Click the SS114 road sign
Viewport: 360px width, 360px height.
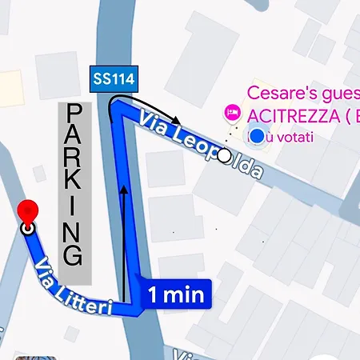pos(112,80)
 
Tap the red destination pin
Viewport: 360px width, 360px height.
pos(30,211)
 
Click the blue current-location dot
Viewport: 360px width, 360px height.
pos(255,137)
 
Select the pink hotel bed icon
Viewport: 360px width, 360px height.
pos(234,113)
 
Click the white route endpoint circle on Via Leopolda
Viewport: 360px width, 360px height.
pos(224,155)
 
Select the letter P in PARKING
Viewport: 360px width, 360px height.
pos(74,113)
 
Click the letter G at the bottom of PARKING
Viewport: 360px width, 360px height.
pos(74,256)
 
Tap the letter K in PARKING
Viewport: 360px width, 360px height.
pos(74,184)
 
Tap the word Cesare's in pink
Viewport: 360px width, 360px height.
pos(280,93)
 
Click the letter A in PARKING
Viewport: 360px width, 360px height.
pos(74,137)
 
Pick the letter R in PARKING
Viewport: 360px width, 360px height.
pos(74,160)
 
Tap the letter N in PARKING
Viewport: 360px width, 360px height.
pos(74,231)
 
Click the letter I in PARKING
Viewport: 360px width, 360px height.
pos(74,208)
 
